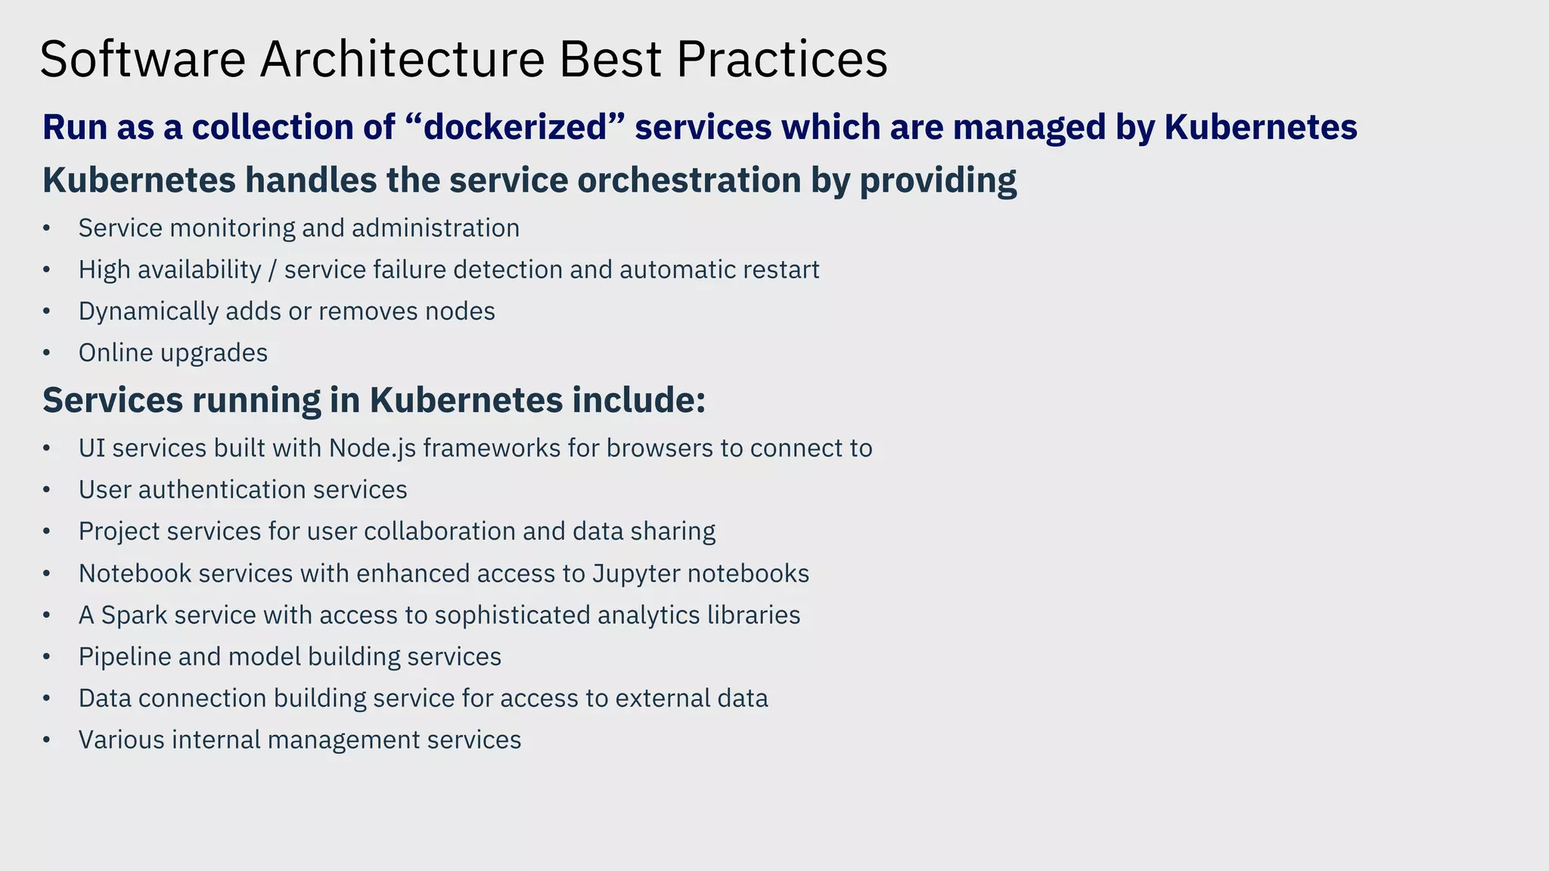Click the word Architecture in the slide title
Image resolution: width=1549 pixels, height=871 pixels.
tap(402, 59)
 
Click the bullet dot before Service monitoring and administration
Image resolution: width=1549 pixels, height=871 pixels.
tap(47, 228)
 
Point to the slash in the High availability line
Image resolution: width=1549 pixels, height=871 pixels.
tap(272, 270)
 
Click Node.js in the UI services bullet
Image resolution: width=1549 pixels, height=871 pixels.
tap(372, 448)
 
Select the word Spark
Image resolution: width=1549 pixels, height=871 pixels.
tap(134, 615)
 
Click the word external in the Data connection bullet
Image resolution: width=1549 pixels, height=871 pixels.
tap(662, 699)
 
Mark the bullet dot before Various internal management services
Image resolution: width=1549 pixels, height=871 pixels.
tap(47, 740)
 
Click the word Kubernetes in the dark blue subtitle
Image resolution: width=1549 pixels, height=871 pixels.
tap(1260, 127)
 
